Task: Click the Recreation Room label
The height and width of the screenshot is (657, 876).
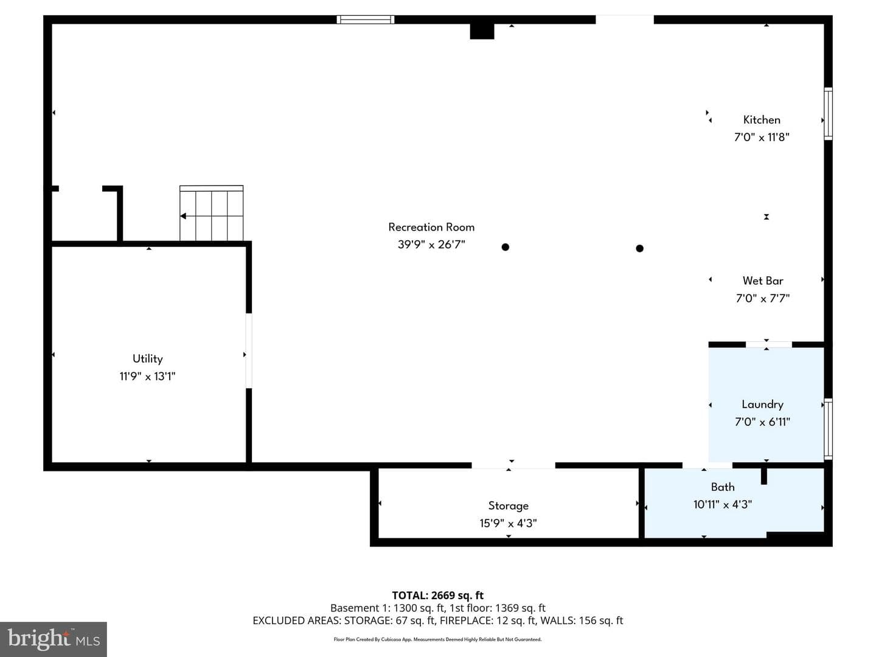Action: click(431, 227)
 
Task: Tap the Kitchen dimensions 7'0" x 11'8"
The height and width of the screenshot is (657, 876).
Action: click(762, 137)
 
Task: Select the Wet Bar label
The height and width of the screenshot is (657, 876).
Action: click(763, 281)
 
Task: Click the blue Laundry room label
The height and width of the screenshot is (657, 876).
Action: click(762, 405)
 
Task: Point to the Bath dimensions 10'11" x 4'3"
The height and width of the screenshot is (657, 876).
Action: click(722, 505)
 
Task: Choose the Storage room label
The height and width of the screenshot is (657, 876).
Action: click(508, 506)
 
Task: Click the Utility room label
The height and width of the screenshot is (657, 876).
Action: click(147, 359)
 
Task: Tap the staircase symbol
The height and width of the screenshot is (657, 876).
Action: click(211, 213)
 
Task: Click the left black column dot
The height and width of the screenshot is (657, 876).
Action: click(506, 247)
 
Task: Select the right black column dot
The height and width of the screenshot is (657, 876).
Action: click(639, 249)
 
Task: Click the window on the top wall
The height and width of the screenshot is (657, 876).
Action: click(365, 19)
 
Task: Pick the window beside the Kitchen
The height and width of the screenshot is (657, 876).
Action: click(828, 114)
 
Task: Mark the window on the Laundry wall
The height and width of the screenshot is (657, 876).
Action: click(828, 429)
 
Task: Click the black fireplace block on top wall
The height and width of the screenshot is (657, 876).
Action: click(482, 31)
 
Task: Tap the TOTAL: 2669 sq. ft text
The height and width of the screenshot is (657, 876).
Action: click(437, 596)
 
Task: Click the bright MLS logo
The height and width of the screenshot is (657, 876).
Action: click(54, 639)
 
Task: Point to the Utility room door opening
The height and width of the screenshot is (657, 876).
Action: click(249, 350)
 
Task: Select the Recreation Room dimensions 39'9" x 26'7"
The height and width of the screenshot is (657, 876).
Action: click(431, 245)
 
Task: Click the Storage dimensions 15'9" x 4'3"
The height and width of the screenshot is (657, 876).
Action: click(508, 523)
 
